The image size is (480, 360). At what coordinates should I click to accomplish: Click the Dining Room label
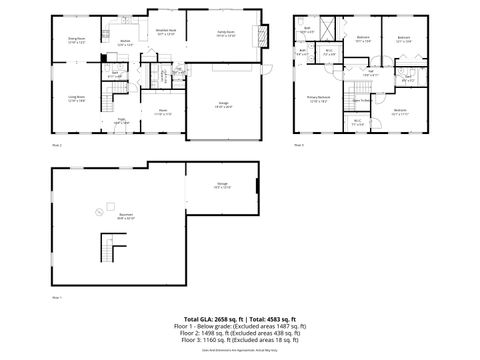click(x=76, y=40)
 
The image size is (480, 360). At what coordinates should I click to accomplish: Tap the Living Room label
click(x=76, y=99)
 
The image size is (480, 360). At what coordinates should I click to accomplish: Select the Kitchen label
click(x=125, y=43)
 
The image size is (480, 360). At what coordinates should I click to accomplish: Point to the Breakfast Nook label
click(x=166, y=32)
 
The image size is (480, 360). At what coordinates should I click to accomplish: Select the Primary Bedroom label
click(x=318, y=99)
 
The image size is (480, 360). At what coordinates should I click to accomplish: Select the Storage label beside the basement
click(x=221, y=185)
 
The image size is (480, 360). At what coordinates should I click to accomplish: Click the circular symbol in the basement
click(x=98, y=210)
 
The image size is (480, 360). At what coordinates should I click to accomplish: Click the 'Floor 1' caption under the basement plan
click(x=57, y=298)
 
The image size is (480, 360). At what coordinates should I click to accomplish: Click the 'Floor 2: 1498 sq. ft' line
click(x=239, y=333)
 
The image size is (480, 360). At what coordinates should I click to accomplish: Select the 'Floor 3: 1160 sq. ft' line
click(x=239, y=340)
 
